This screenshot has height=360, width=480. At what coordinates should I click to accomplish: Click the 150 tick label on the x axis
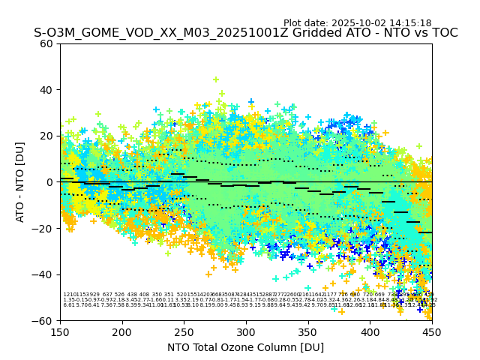60,332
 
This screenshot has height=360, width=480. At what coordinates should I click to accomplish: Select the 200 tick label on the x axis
122,332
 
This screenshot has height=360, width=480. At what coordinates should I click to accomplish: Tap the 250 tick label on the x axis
184,332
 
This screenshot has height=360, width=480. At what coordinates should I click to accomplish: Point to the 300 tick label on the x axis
246,332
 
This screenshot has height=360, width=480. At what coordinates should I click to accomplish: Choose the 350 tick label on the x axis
308,332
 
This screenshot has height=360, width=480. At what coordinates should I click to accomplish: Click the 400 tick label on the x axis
370,332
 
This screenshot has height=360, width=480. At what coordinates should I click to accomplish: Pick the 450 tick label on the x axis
432,332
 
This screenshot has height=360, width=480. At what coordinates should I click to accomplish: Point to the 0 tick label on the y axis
50,182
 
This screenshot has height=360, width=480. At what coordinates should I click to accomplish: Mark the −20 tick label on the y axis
44,228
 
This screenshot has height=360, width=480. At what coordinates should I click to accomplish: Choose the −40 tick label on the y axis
44,274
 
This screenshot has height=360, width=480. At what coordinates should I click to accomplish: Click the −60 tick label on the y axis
44,320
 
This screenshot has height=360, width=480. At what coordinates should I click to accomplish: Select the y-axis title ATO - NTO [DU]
20,182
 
